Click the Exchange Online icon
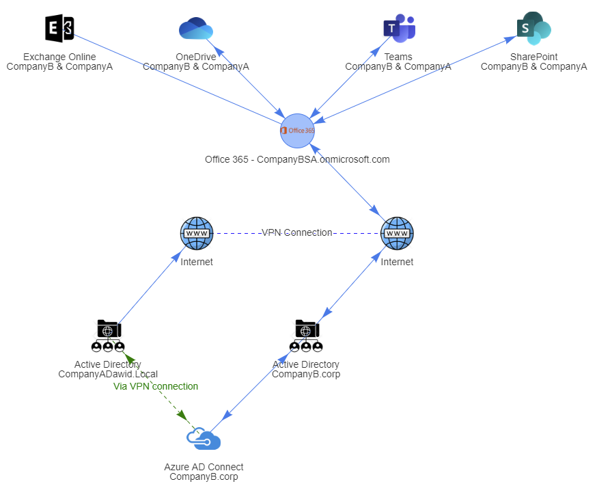59,29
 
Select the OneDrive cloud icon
196,29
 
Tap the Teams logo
398,29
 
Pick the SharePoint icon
533,28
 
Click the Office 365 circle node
297,130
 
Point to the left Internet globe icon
197,233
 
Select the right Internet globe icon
397,233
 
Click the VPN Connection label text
296,232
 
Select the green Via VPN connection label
156,386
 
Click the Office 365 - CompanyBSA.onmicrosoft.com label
297,159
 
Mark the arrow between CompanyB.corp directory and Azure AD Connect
257,382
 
